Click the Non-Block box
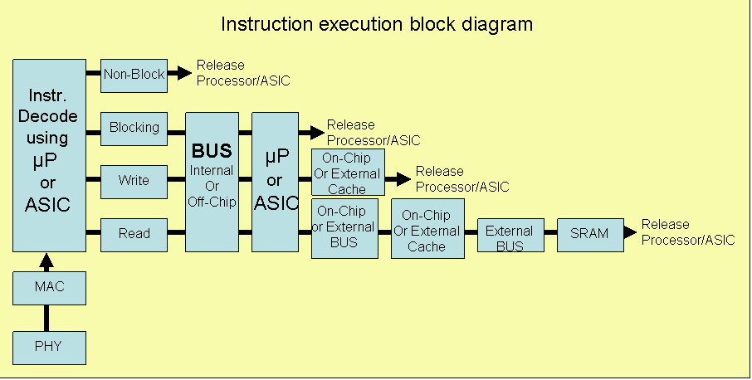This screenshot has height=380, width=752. point(134,75)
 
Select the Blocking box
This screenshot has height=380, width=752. point(134,129)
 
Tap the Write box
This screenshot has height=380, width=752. point(134,181)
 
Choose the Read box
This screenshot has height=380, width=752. point(134,235)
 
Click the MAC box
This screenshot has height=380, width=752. point(49,288)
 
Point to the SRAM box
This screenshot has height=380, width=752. point(589,235)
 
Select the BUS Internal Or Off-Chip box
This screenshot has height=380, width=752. point(212,182)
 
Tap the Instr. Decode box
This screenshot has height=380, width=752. point(49,154)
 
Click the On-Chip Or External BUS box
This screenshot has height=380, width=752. point(344,227)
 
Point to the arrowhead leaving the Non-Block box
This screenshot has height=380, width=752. point(185,74)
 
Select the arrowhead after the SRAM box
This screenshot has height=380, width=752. point(630,232)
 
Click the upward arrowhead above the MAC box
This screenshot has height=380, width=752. point(47,260)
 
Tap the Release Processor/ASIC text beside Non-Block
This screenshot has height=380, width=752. point(243,73)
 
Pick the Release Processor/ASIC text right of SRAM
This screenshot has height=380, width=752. point(687,232)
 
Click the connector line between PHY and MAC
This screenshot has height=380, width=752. point(47,318)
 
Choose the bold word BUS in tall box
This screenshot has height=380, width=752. point(212,152)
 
